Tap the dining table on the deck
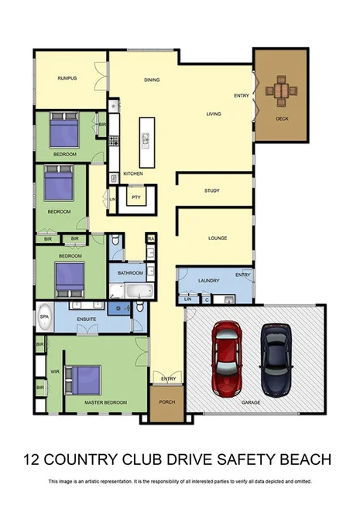(x=281, y=92)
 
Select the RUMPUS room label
(x=68, y=78)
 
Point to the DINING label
(x=152, y=80)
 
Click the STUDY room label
(x=212, y=190)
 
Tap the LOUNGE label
(x=217, y=237)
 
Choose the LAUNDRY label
(x=209, y=280)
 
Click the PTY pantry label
(x=135, y=197)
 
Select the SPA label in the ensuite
(x=43, y=317)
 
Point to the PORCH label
(x=166, y=402)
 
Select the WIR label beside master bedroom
(x=55, y=371)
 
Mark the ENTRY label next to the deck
(x=242, y=96)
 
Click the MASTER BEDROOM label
(x=105, y=402)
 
